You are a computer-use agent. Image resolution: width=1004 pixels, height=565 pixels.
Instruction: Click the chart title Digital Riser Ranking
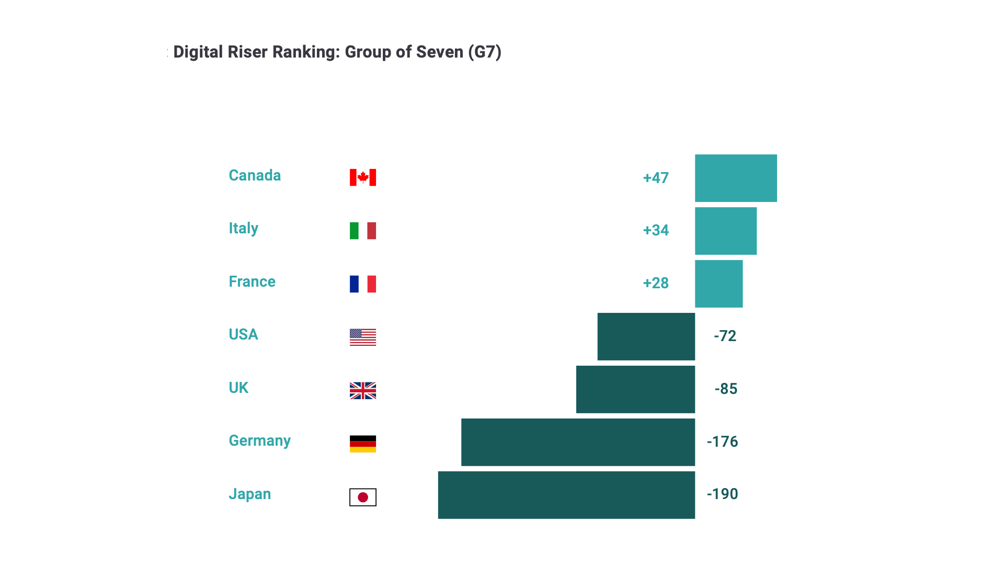point(337,52)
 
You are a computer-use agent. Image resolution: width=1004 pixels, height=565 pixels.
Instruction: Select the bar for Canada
point(736,178)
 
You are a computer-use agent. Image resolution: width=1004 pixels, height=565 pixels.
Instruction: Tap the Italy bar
point(725,231)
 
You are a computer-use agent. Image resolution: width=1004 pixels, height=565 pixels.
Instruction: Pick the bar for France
point(718,284)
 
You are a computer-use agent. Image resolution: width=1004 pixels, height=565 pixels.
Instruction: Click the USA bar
point(646,336)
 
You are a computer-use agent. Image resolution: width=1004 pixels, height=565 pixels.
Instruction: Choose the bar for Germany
point(578,442)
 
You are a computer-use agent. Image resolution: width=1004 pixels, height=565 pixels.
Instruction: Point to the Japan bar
point(566,495)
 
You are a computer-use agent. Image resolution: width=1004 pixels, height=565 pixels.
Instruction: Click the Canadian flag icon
point(363,177)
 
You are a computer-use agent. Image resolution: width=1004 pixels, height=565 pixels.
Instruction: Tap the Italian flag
point(363,231)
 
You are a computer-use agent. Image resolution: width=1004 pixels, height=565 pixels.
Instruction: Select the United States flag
point(363,337)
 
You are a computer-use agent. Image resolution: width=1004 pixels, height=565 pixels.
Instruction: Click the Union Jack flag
point(363,390)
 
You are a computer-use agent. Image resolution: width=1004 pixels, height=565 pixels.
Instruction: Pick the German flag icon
point(363,444)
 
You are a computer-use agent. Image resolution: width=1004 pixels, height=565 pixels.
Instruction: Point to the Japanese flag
point(363,497)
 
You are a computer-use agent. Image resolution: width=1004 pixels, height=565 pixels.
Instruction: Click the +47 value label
point(656,178)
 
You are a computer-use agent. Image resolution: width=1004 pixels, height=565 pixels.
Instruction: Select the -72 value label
point(725,336)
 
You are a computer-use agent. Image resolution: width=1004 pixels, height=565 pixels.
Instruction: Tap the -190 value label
point(722,494)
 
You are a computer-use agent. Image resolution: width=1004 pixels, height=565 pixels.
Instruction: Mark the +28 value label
point(656,283)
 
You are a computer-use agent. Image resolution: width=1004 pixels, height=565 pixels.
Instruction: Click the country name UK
point(238,388)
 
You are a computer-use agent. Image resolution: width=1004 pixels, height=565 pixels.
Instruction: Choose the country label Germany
point(259,441)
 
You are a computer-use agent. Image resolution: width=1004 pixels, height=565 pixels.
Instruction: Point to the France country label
point(252,281)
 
